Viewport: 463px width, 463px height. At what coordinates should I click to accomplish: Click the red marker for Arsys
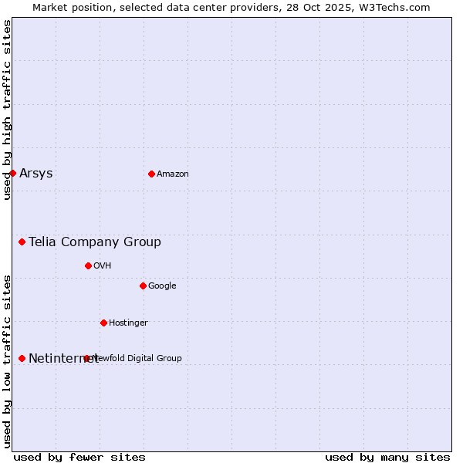[x=12, y=173]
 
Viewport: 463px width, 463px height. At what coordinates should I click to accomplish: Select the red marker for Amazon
[x=151, y=174]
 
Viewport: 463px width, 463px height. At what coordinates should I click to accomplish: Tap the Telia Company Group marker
[x=22, y=242]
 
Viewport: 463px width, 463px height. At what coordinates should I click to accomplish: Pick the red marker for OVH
[x=88, y=265]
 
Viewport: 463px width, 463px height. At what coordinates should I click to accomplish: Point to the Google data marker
[x=143, y=286]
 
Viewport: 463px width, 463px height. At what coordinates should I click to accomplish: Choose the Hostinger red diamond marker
[x=103, y=323]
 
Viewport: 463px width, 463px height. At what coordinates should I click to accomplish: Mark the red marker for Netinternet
[x=22, y=358]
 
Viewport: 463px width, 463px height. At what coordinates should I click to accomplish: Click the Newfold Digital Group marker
[x=86, y=358]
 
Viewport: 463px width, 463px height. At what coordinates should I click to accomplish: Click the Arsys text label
[x=36, y=173]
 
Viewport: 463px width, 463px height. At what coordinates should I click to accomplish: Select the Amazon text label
[x=173, y=174]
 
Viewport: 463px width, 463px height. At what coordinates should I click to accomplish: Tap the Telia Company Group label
[x=95, y=242]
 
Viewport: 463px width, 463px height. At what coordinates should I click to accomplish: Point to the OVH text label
[x=103, y=265]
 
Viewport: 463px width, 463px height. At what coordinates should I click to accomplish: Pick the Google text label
[x=162, y=286]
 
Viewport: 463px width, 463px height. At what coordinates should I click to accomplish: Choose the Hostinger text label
[x=128, y=323]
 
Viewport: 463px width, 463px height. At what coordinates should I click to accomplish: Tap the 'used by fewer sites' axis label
[x=79, y=457]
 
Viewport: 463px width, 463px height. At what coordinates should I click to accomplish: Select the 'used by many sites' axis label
[x=387, y=457]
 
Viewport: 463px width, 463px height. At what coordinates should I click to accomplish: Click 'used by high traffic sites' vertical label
[x=7, y=110]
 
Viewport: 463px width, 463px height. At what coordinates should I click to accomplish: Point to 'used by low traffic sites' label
[x=7, y=360]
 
